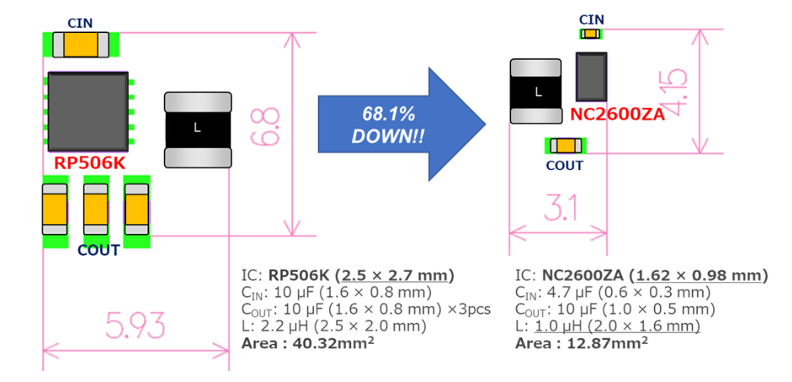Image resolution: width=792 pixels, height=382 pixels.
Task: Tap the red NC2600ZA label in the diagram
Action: (x=617, y=115)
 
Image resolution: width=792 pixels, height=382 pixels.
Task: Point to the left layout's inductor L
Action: (x=197, y=128)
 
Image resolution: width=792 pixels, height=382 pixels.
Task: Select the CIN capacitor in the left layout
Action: (x=80, y=44)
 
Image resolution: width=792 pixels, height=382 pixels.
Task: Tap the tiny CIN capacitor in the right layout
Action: (x=590, y=34)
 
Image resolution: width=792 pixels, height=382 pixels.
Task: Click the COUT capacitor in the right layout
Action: (x=565, y=145)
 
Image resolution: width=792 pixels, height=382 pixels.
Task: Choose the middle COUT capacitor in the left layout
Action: (x=96, y=210)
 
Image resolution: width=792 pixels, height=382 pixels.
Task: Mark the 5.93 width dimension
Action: (x=135, y=325)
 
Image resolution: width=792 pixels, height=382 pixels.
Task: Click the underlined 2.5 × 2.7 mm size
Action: (x=394, y=276)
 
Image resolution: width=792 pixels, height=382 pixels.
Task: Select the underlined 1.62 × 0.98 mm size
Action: (x=701, y=276)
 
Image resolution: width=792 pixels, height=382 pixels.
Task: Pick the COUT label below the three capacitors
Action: (x=98, y=250)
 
